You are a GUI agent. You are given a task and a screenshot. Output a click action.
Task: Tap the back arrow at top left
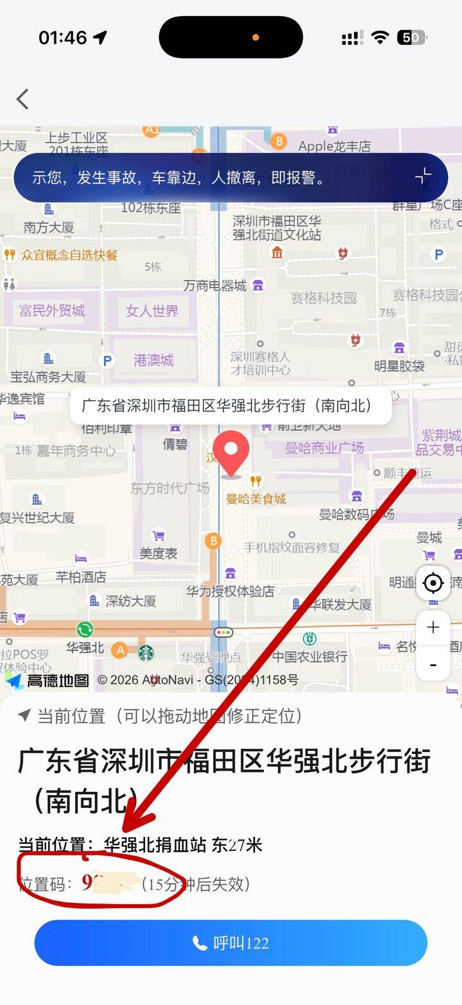[23, 100]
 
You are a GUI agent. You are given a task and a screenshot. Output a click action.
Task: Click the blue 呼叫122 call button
[231, 943]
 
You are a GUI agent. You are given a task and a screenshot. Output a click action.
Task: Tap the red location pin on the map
[231, 452]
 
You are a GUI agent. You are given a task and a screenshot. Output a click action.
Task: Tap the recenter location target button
[433, 583]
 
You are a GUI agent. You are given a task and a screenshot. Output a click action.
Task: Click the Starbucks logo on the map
[146, 652]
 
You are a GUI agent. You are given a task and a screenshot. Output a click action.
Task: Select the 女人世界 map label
[152, 311]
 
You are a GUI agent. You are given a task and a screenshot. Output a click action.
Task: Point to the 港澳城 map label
[154, 360]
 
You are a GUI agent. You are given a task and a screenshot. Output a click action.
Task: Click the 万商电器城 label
[215, 286]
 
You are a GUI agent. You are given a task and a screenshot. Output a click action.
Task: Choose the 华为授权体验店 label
[230, 591]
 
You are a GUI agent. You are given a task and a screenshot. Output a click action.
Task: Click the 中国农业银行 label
[309, 656]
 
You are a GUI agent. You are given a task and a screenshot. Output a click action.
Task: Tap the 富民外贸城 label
[52, 311]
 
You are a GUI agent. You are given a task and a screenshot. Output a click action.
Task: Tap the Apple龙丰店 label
[334, 146]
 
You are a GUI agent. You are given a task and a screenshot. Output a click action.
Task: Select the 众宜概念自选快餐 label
[69, 256]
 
